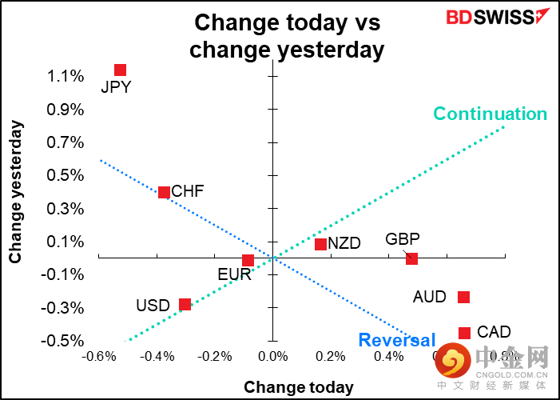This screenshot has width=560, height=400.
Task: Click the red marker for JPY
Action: [x=120, y=70]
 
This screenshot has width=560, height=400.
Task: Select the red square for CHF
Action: [x=164, y=192]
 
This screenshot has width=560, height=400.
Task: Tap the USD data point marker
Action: [x=185, y=304]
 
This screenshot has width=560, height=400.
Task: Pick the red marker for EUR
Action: [x=248, y=260]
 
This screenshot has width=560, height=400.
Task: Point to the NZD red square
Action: [x=320, y=244]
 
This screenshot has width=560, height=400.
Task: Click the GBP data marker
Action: [x=411, y=258]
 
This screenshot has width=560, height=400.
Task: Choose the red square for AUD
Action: [x=463, y=297]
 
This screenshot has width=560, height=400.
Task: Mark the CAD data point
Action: [x=464, y=332]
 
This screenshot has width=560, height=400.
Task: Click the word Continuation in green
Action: [x=490, y=114]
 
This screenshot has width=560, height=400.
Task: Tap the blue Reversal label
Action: [x=397, y=340]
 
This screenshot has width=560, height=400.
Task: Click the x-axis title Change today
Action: [x=298, y=388]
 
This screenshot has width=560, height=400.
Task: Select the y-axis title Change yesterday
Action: [x=15, y=192]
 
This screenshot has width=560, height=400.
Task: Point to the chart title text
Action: [x=286, y=36]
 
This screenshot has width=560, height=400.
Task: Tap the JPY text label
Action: [x=116, y=88]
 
